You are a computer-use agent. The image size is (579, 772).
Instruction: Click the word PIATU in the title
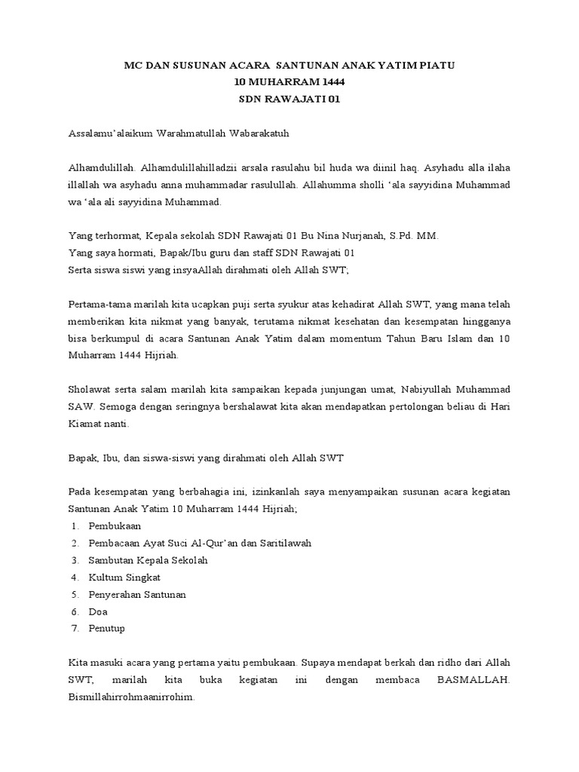(x=439, y=66)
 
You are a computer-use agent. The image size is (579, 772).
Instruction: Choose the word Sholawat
(x=90, y=389)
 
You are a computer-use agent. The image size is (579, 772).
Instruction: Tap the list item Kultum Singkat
(x=124, y=577)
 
